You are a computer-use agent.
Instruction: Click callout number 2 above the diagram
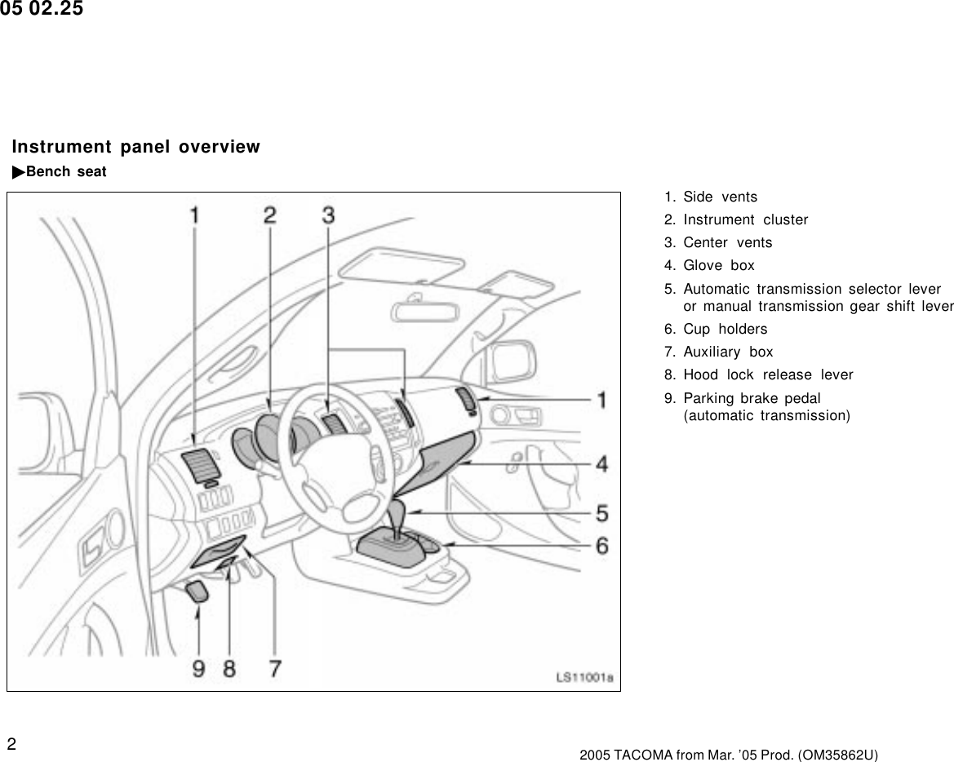pyautogui.click(x=269, y=215)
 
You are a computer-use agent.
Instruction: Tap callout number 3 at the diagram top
pyautogui.click(x=328, y=215)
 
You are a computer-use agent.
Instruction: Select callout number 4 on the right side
pyautogui.click(x=601, y=464)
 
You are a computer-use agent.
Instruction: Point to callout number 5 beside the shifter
pyautogui.click(x=601, y=514)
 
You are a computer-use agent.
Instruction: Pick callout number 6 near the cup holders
pyautogui.click(x=601, y=546)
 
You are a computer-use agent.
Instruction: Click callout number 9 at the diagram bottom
pyautogui.click(x=198, y=668)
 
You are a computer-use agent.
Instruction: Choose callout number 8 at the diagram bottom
pyautogui.click(x=229, y=668)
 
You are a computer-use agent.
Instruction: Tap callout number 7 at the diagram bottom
pyautogui.click(x=275, y=668)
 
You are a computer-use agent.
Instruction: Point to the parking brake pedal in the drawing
pyautogui.click(x=198, y=591)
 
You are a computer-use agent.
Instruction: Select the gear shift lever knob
pyautogui.click(x=399, y=516)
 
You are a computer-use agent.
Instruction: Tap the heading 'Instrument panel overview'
pyautogui.click(x=135, y=147)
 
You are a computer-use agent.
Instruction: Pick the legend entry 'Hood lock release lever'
pyautogui.click(x=767, y=374)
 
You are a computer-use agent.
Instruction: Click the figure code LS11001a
pyautogui.click(x=584, y=677)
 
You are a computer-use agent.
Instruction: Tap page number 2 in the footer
pyautogui.click(x=12, y=743)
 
